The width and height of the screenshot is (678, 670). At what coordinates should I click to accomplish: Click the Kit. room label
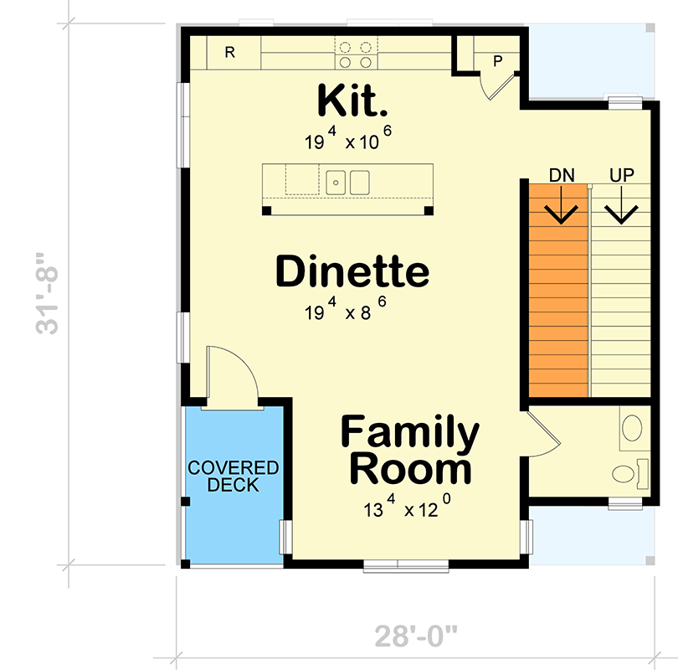[352, 101]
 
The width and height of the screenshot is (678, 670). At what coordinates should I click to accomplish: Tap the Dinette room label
[352, 272]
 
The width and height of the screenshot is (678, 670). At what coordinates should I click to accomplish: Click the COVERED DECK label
[234, 477]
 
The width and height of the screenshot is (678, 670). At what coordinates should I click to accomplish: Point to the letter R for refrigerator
[229, 52]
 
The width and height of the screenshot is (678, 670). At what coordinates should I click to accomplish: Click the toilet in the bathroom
[629, 472]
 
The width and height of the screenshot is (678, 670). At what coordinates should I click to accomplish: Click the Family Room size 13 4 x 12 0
[408, 508]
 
